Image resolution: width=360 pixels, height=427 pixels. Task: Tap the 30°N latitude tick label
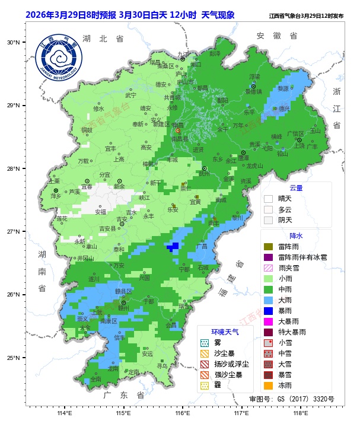tap(14, 43)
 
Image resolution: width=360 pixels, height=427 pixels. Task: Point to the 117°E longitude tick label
tap(241, 413)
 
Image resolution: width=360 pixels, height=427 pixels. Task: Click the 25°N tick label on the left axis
tap(14, 358)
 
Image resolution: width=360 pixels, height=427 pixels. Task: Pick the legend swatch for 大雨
tap(268, 300)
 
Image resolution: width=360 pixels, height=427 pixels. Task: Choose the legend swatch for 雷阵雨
tap(268, 247)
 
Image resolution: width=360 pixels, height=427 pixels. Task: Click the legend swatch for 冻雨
tap(268, 385)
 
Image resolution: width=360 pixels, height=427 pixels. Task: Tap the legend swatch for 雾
tap(205, 343)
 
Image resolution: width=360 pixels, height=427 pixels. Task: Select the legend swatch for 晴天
tap(268, 199)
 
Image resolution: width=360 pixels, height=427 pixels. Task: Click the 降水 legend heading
tap(295, 235)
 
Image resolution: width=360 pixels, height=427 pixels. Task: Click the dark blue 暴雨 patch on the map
tap(173, 247)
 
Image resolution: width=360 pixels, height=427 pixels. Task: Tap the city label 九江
tap(182, 54)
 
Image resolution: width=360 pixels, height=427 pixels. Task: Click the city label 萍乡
tap(56, 196)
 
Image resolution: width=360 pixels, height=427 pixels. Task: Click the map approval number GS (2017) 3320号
tap(291, 399)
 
